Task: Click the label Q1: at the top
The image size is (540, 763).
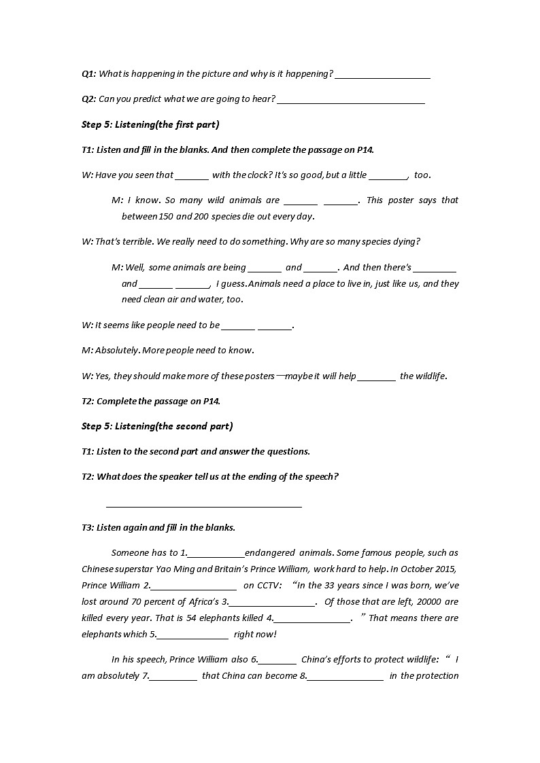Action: pos(88,74)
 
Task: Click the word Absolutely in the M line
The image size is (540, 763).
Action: pos(116,351)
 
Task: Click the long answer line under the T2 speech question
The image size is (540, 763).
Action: pos(204,504)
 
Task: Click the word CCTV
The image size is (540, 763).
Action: pos(269,586)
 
